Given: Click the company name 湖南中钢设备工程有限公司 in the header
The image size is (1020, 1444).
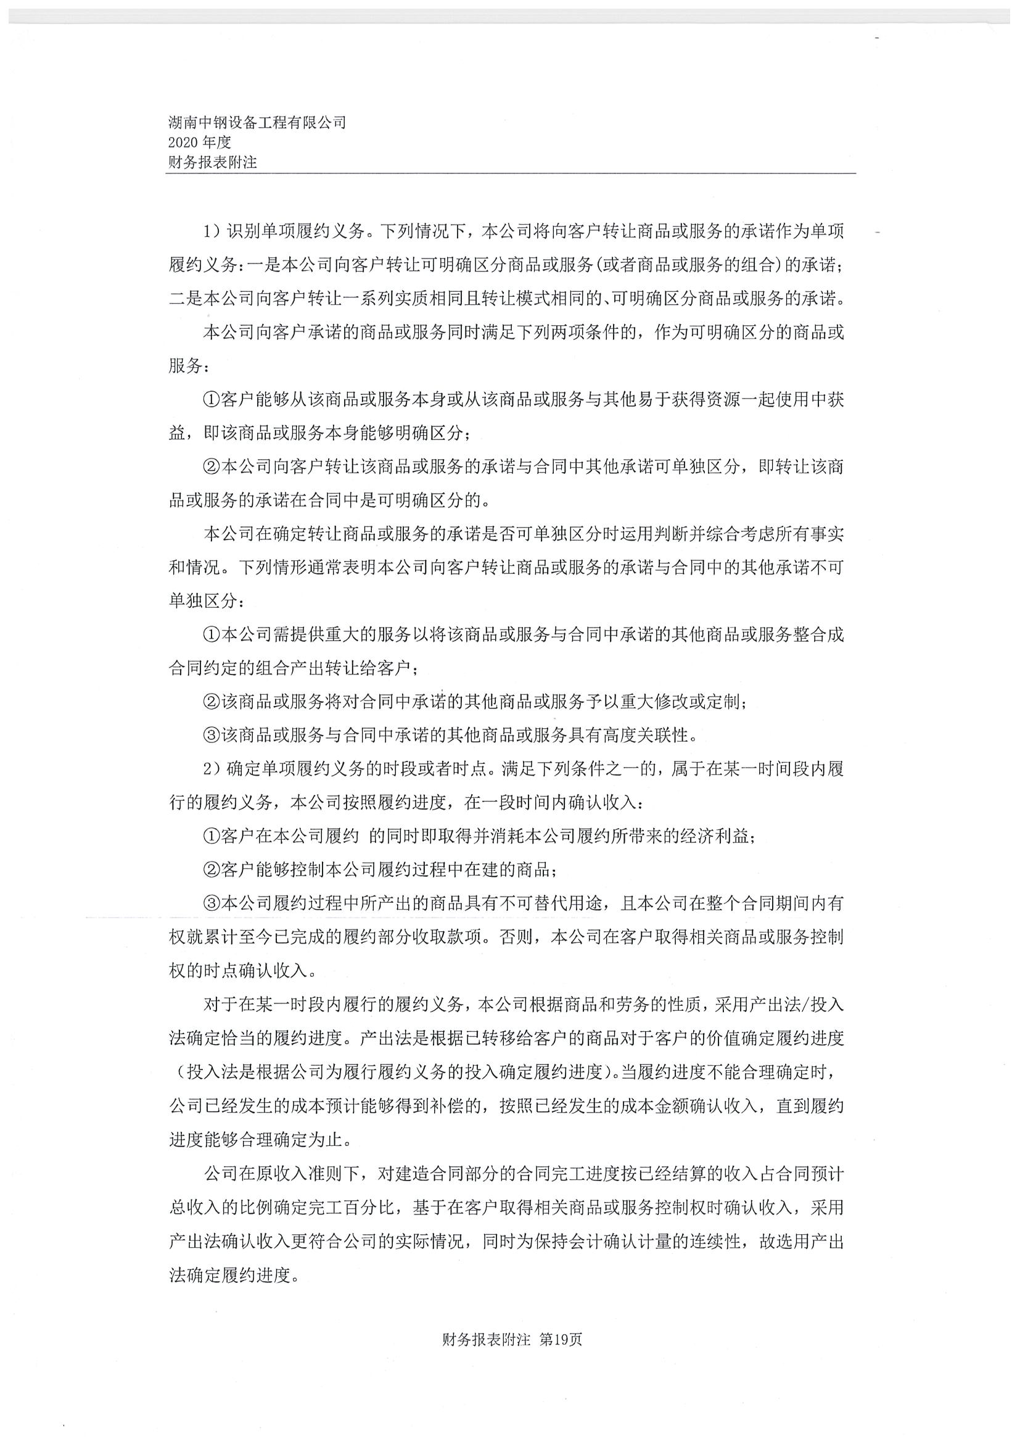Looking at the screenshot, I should (x=257, y=122).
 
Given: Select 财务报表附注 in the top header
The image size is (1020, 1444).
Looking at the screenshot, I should (x=212, y=162).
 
